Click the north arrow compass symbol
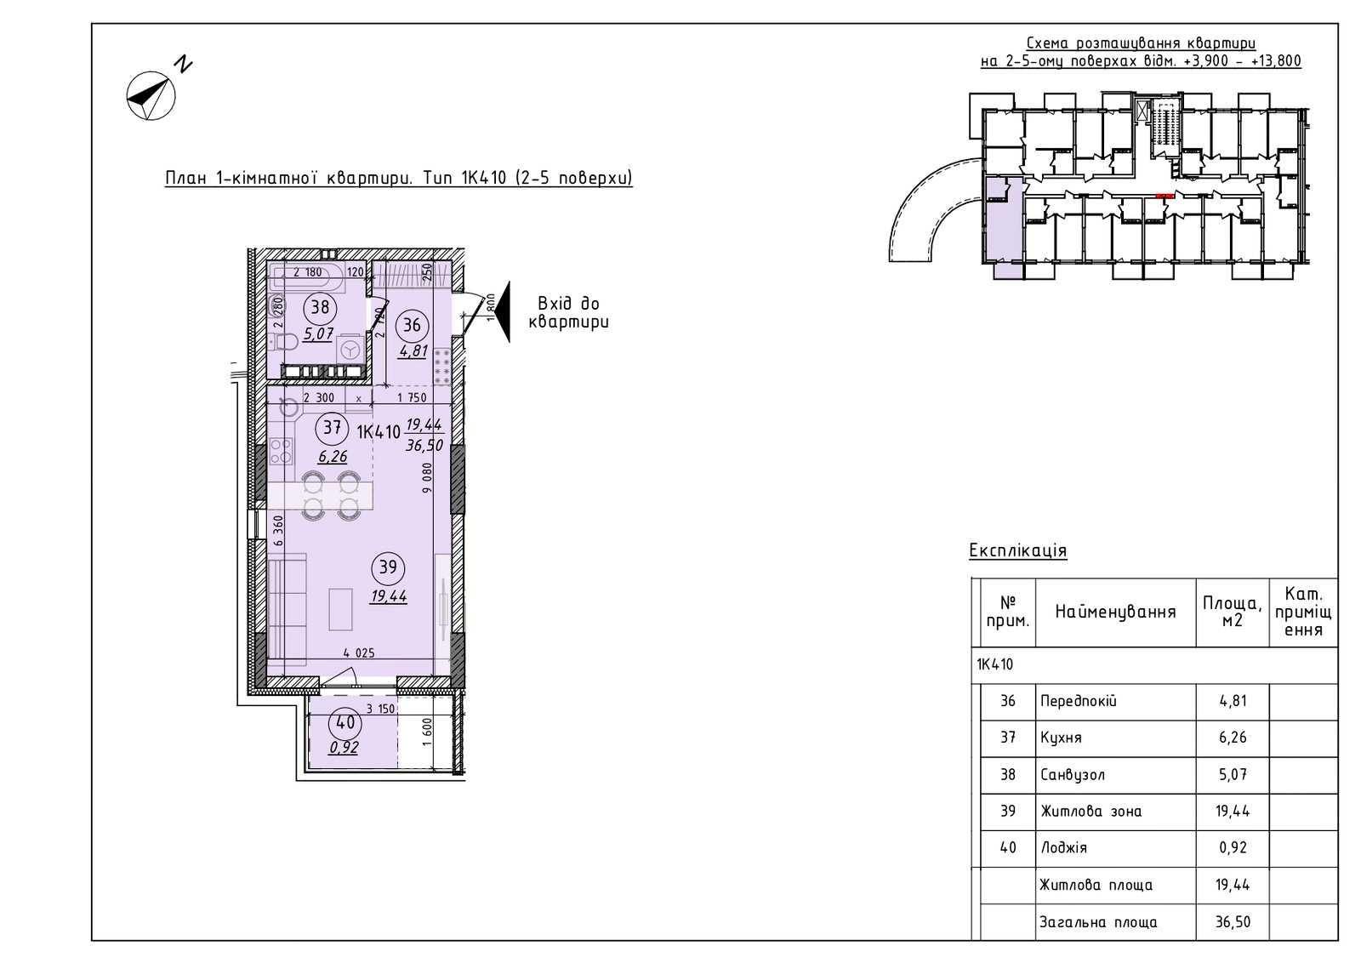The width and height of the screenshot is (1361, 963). coord(151,95)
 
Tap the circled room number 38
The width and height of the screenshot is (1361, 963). coord(320,307)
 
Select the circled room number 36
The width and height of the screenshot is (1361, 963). coord(412,326)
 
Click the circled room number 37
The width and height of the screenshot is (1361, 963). coord(332,428)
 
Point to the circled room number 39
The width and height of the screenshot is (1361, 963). coord(388,567)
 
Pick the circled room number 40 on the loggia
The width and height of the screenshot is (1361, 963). coord(345,723)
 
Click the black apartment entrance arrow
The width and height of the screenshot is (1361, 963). coord(502,312)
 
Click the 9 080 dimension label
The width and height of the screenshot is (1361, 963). coord(427,477)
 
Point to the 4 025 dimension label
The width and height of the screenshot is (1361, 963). coord(358,653)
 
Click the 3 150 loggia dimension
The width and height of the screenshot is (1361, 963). coord(380,709)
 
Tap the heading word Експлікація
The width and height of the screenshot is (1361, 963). coord(1017,550)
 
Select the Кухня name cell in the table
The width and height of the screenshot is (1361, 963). coord(1061,738)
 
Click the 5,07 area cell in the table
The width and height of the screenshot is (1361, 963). coord(1233,775)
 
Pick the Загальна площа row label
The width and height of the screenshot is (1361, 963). coord(1098,922)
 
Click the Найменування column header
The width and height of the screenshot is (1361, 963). coord(1115,612)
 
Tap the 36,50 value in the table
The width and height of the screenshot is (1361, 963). coord(1233,922)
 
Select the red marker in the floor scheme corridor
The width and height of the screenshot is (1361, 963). coord(1165,197)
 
